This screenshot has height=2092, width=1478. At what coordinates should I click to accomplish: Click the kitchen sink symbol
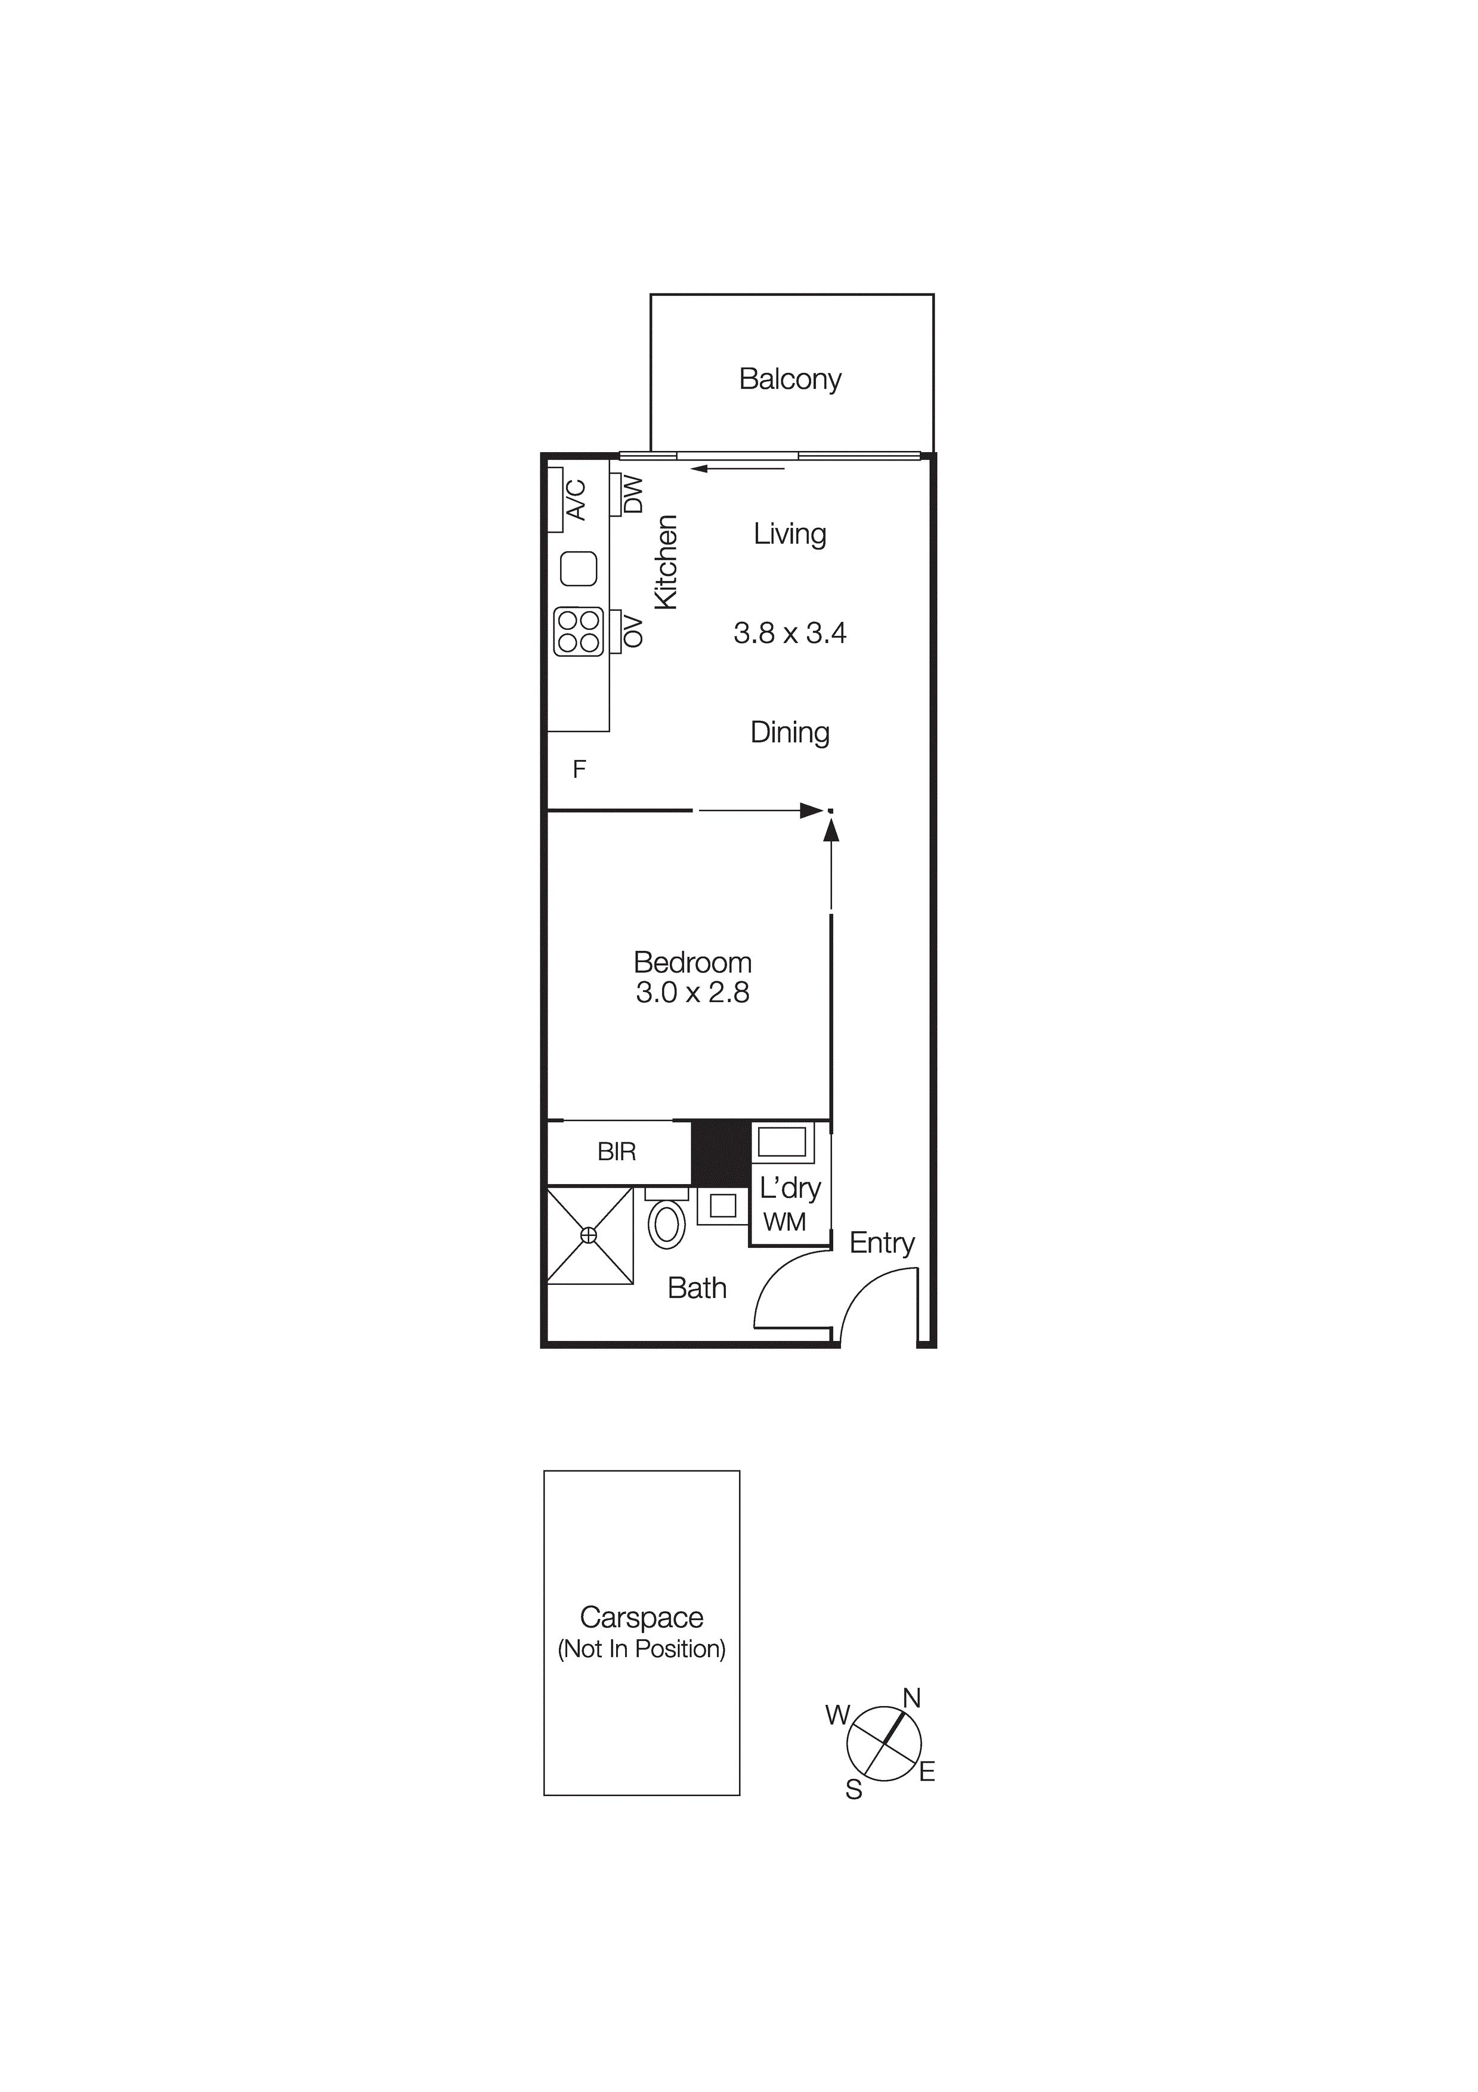tap(578, 568)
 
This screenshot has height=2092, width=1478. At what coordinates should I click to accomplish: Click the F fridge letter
tap(579, 770)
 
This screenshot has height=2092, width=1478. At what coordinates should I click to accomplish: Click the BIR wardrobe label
tap(616, 1152)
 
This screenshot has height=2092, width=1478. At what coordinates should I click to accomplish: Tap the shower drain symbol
tap(589, 1235)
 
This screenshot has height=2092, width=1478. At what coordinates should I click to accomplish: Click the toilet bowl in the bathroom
tap(667, 1223)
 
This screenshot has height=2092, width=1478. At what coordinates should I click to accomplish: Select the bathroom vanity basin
tap(723, 1206)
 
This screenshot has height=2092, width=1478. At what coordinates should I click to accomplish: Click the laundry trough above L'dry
tap(782, 1142)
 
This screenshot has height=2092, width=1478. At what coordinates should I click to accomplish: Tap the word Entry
tap(881, 1243)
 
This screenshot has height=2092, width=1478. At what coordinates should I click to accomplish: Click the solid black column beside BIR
tap(720, 1152)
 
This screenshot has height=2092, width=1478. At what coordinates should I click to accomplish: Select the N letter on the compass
tap(912, 1698)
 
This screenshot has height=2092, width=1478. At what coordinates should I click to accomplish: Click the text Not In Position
tap(642, 1649)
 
